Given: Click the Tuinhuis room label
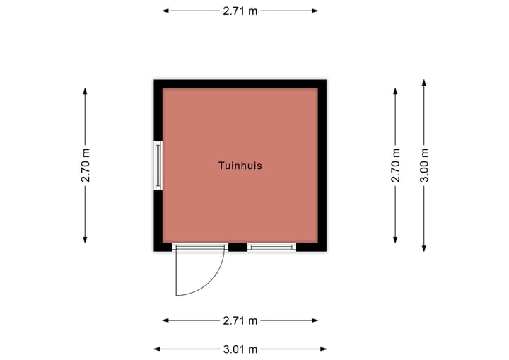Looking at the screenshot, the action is pos(240,166).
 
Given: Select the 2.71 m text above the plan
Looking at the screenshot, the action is pos(240,11).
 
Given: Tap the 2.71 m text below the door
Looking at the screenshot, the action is pos(240,320).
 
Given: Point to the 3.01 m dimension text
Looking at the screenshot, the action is pos(240,349).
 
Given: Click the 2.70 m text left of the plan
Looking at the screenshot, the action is pos(86,166).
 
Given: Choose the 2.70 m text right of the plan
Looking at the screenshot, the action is pos(395,166).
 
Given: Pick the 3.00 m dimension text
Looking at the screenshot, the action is pos(424,166).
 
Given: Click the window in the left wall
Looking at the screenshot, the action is pos(158,166).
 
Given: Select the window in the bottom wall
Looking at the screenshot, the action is pos(271,248).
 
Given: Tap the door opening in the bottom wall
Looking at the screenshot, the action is pos(200,248).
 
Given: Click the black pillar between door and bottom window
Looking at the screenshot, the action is pos(238,248).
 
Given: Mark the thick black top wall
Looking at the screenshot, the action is pos(240,84).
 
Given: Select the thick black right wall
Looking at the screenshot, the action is pos(322,166).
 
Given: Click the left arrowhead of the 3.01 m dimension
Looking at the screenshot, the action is pos(157,349).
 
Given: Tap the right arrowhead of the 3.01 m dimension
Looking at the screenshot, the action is pos(324,349).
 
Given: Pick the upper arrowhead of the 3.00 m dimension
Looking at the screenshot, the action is pos(424,83).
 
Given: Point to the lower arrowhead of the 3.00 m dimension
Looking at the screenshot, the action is pos(424,248).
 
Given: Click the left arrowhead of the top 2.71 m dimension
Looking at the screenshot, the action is pos(165,11).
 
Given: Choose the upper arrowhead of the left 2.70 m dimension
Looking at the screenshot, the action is pos(85,91).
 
